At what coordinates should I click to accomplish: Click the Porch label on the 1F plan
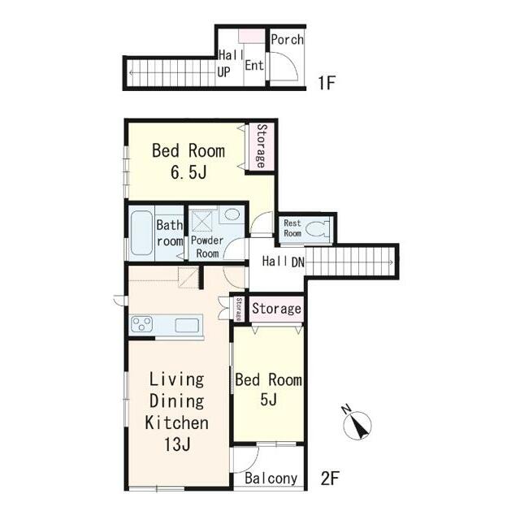(x=287, y=40)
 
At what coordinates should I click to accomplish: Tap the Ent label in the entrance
(x=254, y=65)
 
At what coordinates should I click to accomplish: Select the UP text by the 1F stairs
(x=224, y=71)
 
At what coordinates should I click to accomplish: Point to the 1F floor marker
(x=327, y=83)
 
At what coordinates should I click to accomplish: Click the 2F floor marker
(x=330, y=479)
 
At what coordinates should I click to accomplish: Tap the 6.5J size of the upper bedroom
(x=188, y=172)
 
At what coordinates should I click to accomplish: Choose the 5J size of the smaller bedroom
(x=269, y=400)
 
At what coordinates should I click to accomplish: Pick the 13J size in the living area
(x=177, y=444)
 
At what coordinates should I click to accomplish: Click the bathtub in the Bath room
(x=142, y=232)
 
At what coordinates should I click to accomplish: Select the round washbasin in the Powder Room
(x=232, y=214)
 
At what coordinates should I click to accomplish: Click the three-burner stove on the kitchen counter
(x=142, y=323)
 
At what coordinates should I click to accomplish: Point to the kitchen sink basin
(x=187, y=325)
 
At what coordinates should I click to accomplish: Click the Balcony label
(x=271, y=479)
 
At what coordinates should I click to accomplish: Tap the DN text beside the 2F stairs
(x=298, y=262)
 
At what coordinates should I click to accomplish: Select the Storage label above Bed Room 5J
(x=276, y=309)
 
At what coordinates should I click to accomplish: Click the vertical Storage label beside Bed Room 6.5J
(x=262, y=146)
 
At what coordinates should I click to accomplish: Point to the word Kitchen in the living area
(x=177, y=422)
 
